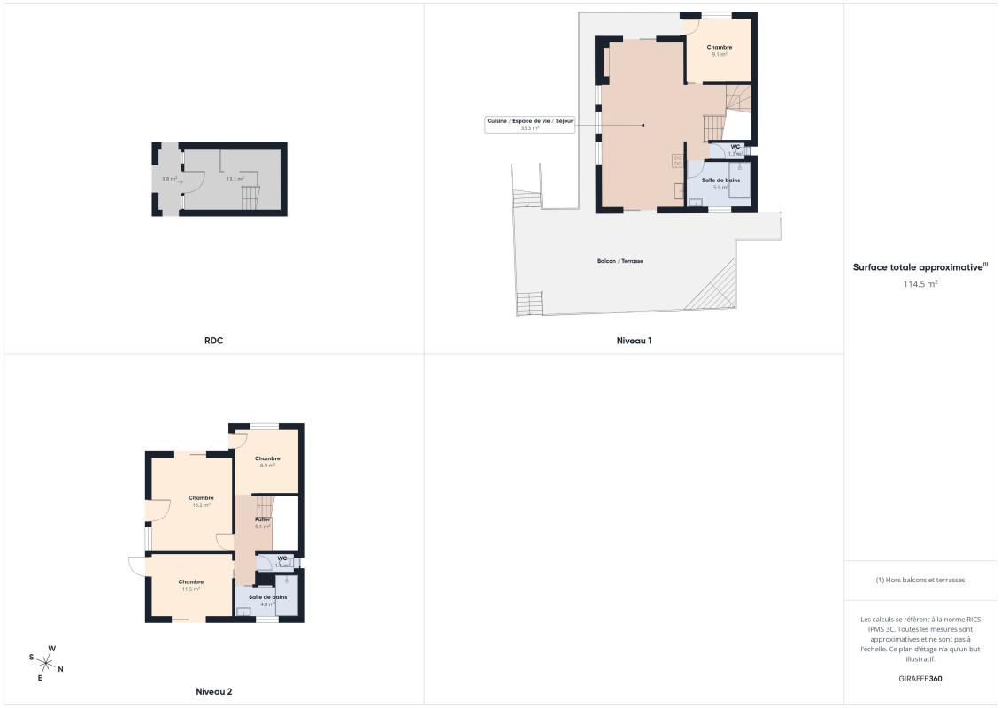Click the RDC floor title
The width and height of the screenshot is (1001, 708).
(212, 340)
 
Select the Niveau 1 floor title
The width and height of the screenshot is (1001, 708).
(634, 340)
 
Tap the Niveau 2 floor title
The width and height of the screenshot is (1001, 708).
(213, 691)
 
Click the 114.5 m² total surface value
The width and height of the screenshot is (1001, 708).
(920, 284)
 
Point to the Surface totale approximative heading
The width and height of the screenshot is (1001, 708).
(920, 266)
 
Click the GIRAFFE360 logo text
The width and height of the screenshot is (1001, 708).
(920, 679)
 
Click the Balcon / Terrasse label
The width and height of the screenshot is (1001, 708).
(620, 261)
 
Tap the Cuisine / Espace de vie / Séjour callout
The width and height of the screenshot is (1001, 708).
(530, 124)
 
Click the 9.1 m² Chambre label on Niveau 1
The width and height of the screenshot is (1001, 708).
(719, 50)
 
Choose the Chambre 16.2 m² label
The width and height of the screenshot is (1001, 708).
(201, 501)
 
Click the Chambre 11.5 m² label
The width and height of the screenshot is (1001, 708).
(191, 585)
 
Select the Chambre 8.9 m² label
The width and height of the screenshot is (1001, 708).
(267, 461)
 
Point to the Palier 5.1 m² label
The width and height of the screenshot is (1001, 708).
(262, 522)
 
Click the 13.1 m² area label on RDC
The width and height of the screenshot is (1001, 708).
(235, 179)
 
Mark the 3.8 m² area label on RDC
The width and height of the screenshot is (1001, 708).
(168, 179)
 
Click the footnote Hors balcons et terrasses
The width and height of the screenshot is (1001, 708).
(920, 580)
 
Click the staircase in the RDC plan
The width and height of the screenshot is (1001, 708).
(252, 198)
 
